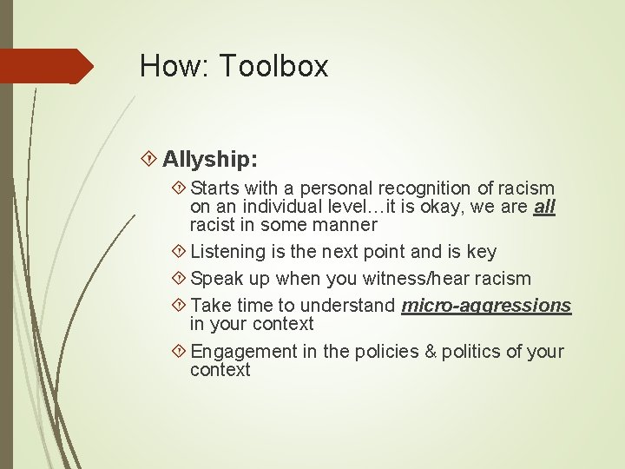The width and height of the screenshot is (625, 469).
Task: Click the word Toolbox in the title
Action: point(274,66)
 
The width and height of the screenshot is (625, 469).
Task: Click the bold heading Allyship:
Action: point(209,159)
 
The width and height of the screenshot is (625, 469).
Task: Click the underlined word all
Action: point(545,207)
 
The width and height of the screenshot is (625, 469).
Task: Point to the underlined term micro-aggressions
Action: point(486,306)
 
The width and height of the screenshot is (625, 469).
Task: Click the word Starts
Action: point(215,188)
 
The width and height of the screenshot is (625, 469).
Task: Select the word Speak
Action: point(216,279)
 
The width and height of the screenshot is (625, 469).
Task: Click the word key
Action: point(481,252)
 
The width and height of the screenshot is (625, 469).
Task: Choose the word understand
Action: point(354,306)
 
